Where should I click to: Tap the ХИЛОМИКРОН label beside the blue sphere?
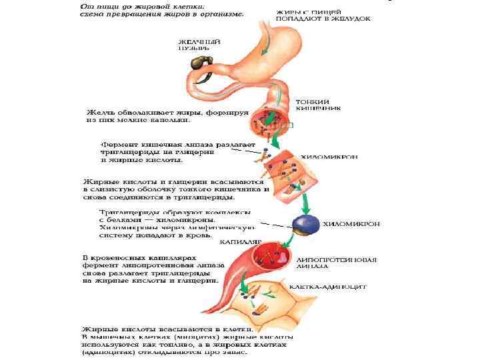point(352,225)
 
